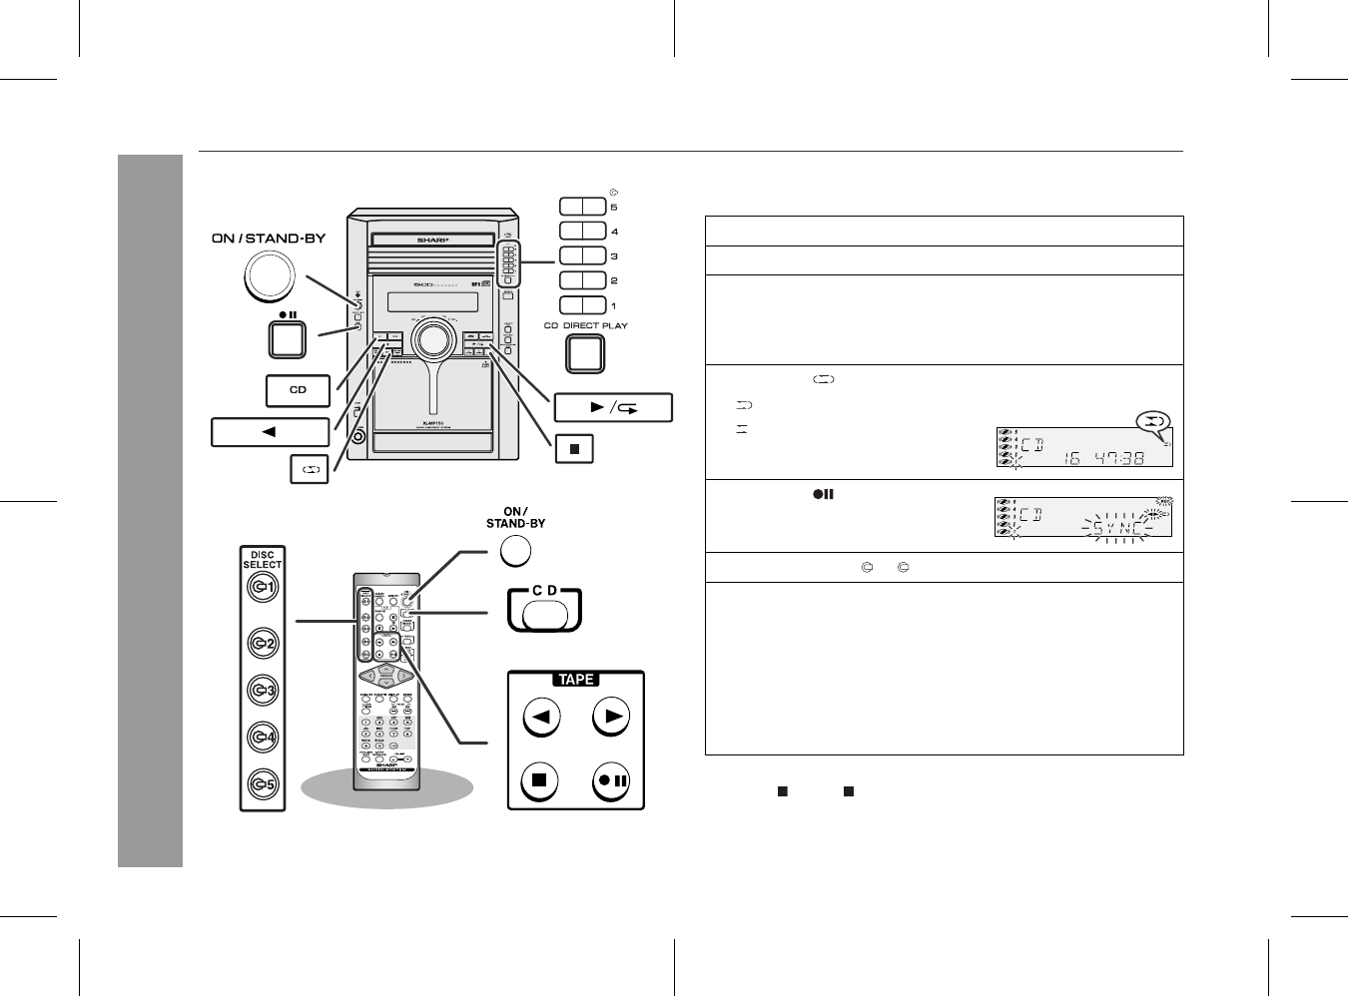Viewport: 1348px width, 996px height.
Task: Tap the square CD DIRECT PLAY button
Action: click(x=585, y=353)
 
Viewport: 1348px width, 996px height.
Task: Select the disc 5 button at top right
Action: click(x=583, y=207)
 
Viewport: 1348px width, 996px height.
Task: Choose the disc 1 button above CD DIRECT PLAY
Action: click(x=583, y=305)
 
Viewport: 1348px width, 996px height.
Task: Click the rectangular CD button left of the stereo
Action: click(x=298, y=390)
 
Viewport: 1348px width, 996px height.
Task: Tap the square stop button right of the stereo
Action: click(x=574, y=449)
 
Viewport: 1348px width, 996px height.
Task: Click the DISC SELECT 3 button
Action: click(x=263, y=690)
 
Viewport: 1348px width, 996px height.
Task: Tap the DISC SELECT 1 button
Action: click(x=263, y=589)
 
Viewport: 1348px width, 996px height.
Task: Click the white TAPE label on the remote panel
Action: click(x=576, y=680)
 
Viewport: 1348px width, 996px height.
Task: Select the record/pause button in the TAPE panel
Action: click(x=612, y=779)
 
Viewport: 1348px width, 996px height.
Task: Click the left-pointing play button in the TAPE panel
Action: click(x=540, y=716)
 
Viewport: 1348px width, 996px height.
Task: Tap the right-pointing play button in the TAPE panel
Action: click(x=612, y=716)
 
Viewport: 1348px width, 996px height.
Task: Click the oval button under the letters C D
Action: click(x=544, y=613)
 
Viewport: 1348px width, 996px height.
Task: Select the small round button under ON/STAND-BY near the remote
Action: click(x=514, y=551)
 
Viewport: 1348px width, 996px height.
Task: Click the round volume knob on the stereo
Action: click(x=433, y=340)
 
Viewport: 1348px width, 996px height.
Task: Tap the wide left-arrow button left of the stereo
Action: click(x=270, y=432)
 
